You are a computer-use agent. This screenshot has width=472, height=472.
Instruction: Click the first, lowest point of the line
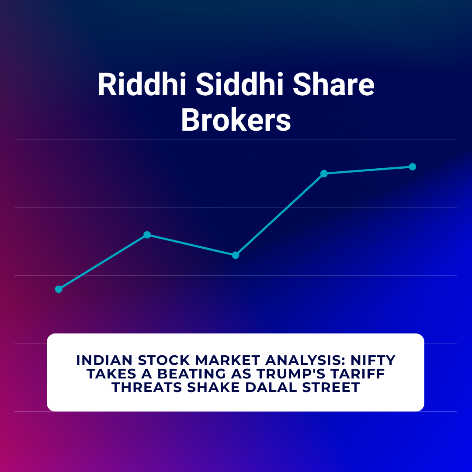pyautogui.click(x=59, y=289)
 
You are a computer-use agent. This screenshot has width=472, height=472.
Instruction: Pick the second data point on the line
pyautogui.click(x=147, y=235)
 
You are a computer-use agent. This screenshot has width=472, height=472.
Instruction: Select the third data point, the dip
pyautogui.click(x=236, y=255)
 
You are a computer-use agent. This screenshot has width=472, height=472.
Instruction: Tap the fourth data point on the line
pyautogui.click(x=324, y=174)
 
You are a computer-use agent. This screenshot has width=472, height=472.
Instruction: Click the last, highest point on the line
pyautogui.click(x=412, y=167)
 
